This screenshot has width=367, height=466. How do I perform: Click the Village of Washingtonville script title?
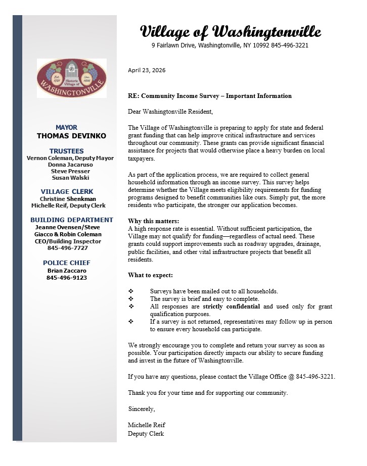(x=230, y=32)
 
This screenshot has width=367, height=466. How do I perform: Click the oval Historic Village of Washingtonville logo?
(x=71, y=78)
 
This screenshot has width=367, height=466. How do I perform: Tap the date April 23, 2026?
(x=147, y=70)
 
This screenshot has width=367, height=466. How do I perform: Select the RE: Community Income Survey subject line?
(x=210, y=95)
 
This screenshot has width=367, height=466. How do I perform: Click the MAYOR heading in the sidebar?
(x=66, y=127)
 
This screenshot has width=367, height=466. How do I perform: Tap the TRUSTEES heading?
(x=67, y=151)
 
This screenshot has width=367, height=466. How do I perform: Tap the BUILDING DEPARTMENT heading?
(x=72, y=220)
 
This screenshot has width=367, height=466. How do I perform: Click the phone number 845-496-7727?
(x=67, y=248)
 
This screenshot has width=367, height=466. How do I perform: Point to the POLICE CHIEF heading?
(x=67, y=263)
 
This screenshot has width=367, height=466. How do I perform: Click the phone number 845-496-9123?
(x=67, y=277)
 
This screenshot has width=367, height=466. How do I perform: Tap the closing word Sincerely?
(x=142, y=408)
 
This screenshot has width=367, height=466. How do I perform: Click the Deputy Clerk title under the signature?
(x=146, y=434)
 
